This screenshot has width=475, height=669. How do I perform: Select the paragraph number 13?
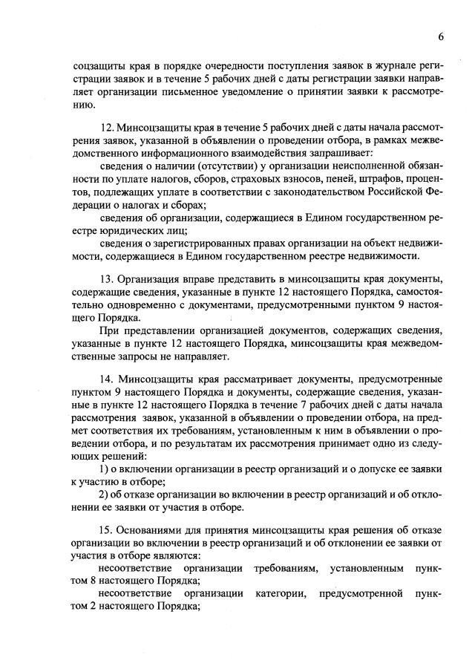tap(105, 278)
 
